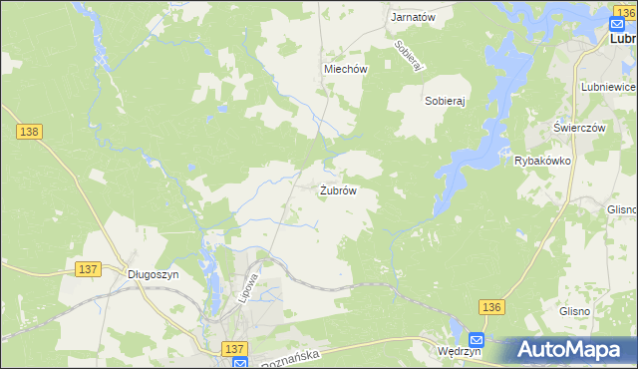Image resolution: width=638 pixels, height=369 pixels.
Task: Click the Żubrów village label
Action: (x=338, y=189)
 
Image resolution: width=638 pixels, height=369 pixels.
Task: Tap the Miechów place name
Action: (x=346, y=69)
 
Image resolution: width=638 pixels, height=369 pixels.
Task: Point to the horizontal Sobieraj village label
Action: (x=446, y=101)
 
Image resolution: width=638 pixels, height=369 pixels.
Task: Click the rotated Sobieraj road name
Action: (x=410, y=55)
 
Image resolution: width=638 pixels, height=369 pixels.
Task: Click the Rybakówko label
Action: (x=541, y=160)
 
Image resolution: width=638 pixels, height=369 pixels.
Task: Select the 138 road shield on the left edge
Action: (x=27, y=132)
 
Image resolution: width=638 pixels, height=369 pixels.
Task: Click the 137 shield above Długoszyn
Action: (x=87, y=269)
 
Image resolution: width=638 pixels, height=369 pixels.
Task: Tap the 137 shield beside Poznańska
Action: (x=234, y=348)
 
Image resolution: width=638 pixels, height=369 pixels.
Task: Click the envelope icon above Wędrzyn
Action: (x=477, y=339)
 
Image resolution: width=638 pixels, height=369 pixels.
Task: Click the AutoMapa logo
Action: (x=570, y=349)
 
